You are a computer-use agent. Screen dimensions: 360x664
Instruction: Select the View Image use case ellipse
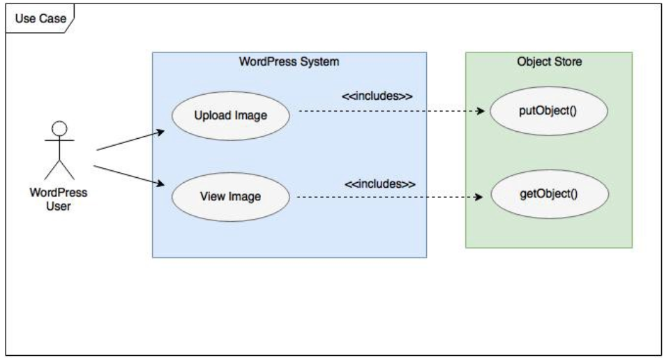230,196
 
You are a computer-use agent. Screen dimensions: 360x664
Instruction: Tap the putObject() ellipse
548,111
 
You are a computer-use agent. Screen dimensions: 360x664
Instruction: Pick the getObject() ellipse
548,193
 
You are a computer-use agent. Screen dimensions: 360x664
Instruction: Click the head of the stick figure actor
60,128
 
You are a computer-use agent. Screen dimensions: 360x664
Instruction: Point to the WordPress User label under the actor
59,198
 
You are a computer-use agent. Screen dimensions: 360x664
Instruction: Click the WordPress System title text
289,62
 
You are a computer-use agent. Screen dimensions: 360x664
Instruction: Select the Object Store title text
549,62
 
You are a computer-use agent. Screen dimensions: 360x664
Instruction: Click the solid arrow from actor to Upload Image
130,140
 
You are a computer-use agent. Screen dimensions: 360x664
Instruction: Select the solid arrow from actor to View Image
129,175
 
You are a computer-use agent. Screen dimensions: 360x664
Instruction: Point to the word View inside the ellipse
212,196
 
